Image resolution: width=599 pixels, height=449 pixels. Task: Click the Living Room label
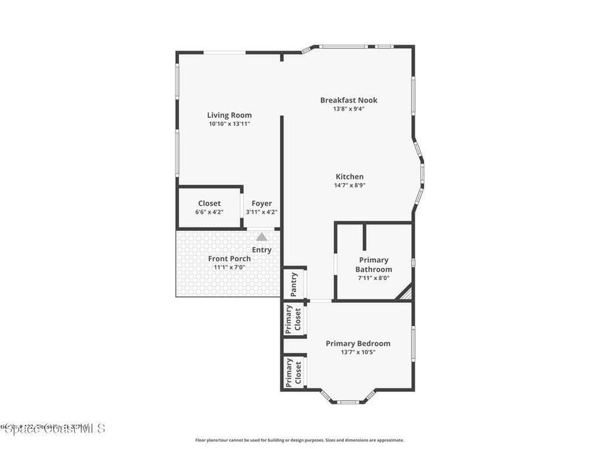pyautogui.click(x=229, y=115)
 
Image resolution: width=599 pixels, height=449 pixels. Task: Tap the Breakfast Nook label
pyautogui.click(x=349, y=100)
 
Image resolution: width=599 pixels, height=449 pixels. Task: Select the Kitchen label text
pyautogui.click(x=350, y=177)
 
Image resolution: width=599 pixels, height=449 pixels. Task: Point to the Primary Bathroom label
pyautogui.click(x=374, y=264)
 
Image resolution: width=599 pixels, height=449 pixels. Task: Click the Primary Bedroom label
pyautogui.click(x=358, y=343)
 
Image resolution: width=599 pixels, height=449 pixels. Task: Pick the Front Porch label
pyautogui.click(x=229, y=258)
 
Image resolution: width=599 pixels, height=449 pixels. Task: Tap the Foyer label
pyautogui.click(x=261, y=203)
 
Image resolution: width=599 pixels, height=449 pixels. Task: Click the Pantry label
pyautogui.click(x=294, y=284)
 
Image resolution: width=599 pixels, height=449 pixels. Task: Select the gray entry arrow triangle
pyautogui.click(x=261, y=237)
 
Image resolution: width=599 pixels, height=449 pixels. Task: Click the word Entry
pyautogui.click(x=261, y=250)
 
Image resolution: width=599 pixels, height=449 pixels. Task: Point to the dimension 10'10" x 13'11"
pyautogui.click(x=229, y=124)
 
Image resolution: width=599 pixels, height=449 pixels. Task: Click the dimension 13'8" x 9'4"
pyautogui.click(x=349, y=109)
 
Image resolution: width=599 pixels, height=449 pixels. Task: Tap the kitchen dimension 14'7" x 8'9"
pyautogui.click(x=350, y=185)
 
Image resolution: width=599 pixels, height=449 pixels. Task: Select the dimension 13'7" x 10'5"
pyautogui.click(x=358, y=352)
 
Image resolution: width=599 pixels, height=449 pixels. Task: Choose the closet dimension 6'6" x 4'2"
pyautogui.click(x=209, y=212)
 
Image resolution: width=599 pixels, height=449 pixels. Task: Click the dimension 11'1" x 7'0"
pyautogui.click(x=229, y=267)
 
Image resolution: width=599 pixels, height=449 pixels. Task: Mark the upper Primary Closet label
pyautogui.click(x=293, y=319)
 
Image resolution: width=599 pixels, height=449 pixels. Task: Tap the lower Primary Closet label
pyautogui.click(x=293, y=373)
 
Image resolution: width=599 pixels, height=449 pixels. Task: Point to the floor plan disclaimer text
pyautogui.click(x=299, y=440)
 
